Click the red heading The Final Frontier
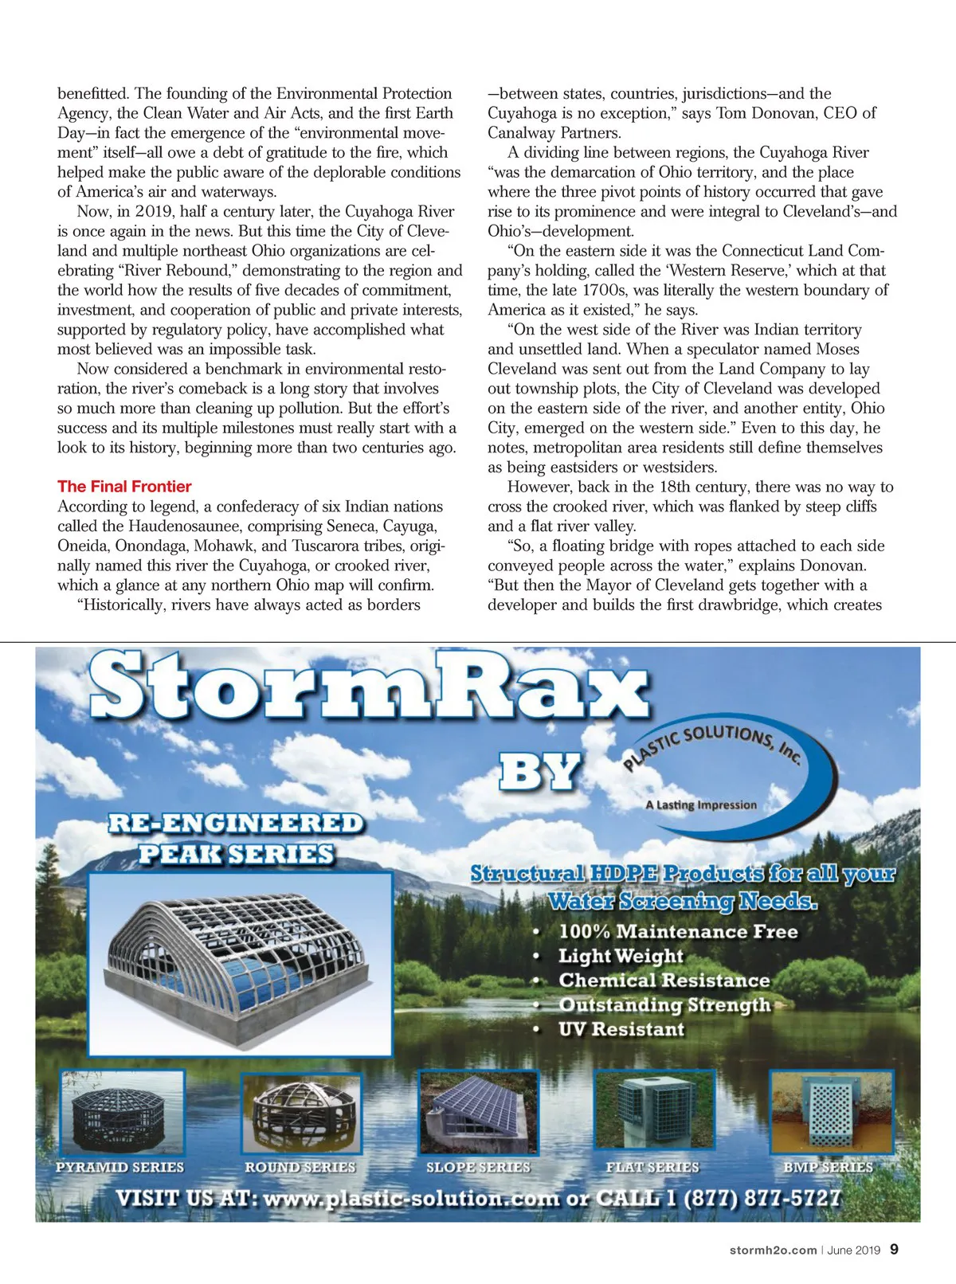(124, 487)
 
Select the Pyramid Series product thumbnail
(121, 1112)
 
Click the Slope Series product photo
(478, 1112)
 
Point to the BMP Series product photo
(831, 1110)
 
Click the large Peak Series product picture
(240, 964)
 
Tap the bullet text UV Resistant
(621, 1029)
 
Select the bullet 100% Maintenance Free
(678, 931)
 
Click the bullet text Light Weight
(621, 956)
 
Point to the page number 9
(894, 1249)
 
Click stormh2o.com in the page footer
(773, 1251)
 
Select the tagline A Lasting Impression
(701, 804)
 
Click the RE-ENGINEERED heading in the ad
(236, 823)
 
